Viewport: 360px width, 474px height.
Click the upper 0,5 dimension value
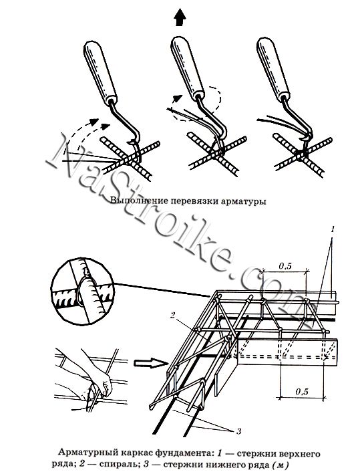(285, 266)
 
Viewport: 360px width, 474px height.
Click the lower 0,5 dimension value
(302, 392)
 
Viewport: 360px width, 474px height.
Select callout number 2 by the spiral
(173, 316)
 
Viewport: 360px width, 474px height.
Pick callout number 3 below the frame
(238, 431)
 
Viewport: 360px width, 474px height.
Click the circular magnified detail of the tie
(82, 291)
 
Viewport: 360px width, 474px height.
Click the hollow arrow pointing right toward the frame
(150, 362)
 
